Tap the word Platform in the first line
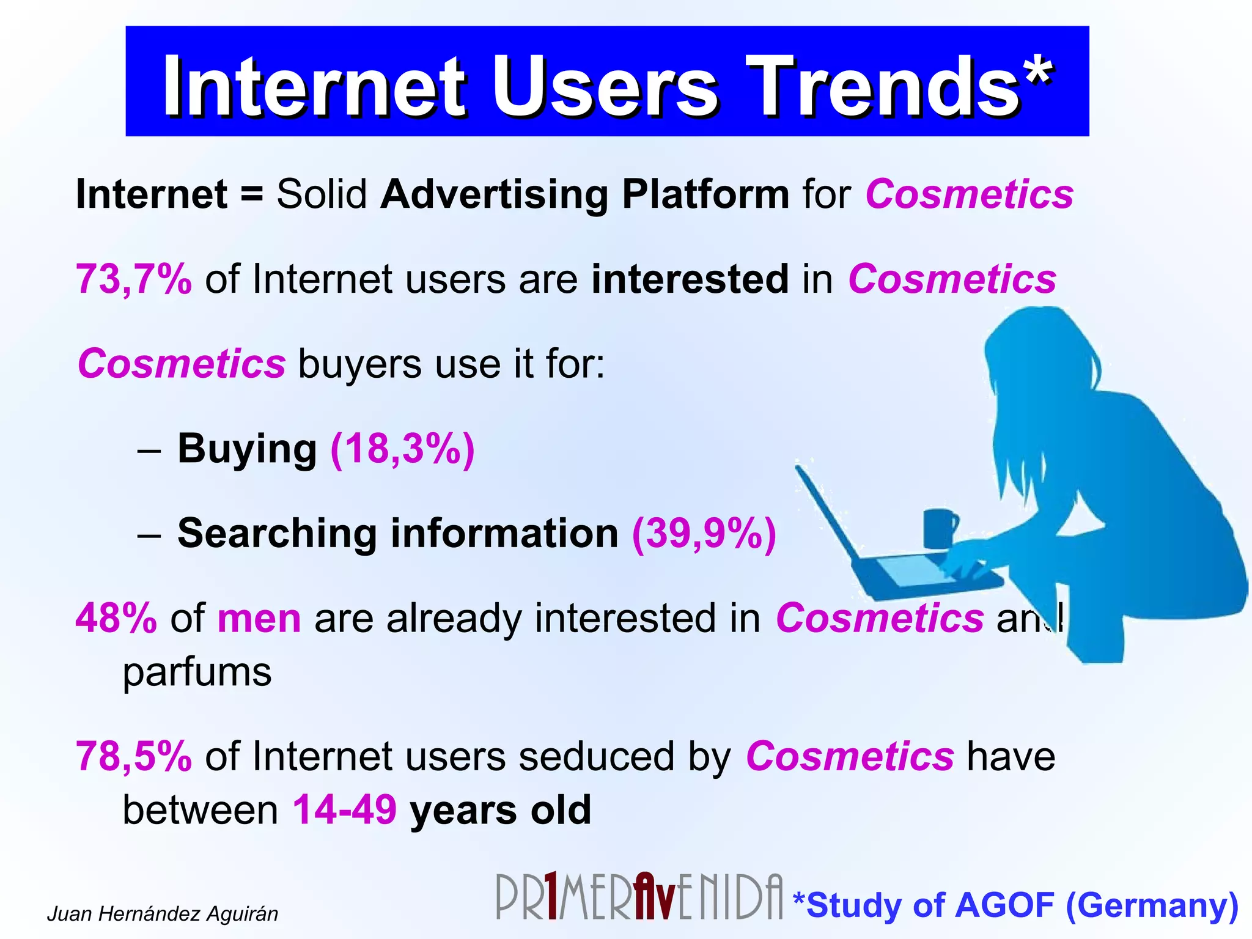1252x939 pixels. click(705, 194)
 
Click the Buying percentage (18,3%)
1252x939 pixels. click(402, 449)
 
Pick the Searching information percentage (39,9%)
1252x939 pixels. click(704, 534)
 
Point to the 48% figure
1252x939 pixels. click(116, 618)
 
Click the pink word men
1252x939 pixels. click(259, 619)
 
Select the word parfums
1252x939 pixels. click(197, 672)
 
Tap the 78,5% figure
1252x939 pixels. click(133, 757)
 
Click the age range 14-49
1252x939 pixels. click(345, 810)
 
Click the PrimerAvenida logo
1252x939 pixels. click(639, 897)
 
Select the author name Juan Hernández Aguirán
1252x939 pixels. click(163, 914)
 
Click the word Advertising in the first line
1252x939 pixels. click(494, 194)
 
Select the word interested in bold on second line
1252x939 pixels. click(690, 279)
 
